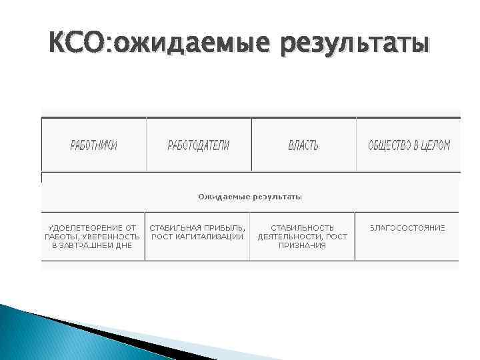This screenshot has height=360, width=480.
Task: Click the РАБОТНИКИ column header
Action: coord(94,145)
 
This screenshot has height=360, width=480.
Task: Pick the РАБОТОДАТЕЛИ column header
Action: coord(198,145)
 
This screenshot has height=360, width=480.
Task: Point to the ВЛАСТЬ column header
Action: coord(303,145)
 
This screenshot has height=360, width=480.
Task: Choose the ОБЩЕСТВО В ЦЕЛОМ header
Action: coord(409,145)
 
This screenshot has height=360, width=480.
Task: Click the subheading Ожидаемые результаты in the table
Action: coord(250,197)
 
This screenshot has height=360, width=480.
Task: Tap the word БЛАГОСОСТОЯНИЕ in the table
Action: coord(407,227)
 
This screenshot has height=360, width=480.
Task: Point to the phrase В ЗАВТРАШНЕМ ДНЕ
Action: coord(92,245)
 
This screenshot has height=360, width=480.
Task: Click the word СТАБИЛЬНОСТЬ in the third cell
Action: coord(303,227)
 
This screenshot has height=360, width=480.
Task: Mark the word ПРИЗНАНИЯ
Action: coord(303,245)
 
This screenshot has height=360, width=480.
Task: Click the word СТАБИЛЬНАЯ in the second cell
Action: coord(175,227)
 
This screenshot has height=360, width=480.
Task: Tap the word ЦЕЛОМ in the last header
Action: coord(436,145)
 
